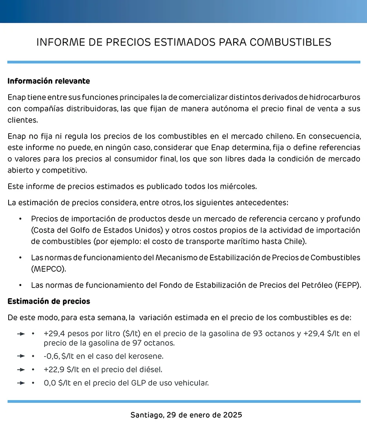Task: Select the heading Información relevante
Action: (49, 81)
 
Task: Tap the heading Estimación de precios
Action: (49, 301)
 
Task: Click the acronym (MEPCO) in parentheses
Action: (48, 269)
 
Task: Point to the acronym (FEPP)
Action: (347, 285)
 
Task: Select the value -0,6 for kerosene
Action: (51, 356)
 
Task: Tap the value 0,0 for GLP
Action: (51, 383)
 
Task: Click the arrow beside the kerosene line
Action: (21, 356)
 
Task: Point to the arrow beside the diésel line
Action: (21, 370)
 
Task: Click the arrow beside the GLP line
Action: (21, 383)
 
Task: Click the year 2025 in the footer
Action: (233, 415)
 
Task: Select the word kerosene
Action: (148, 356)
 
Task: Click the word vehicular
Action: (193, 383)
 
